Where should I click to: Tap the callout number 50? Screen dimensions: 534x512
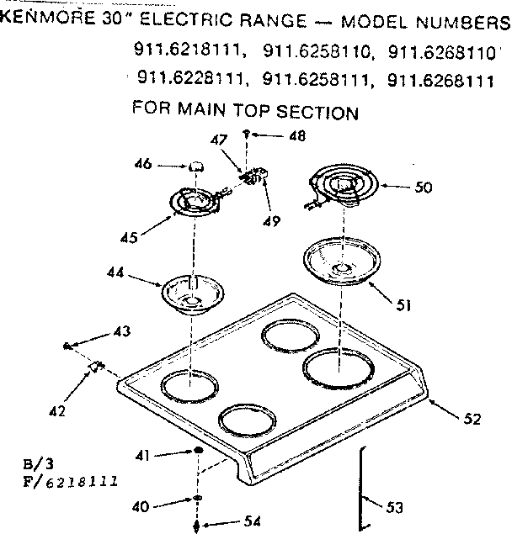(423, 188)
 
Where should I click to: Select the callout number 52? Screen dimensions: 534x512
(472, 417)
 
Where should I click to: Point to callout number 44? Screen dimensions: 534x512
(116, 272)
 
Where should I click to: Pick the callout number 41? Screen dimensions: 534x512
(142, 454)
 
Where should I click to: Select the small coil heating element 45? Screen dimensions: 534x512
(195, 201)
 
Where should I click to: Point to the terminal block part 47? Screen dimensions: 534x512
(250, 177)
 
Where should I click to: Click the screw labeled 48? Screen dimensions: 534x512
(246, 134)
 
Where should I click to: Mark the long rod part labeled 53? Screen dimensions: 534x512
(362, 488)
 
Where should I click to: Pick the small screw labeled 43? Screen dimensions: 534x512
(66, 346)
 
